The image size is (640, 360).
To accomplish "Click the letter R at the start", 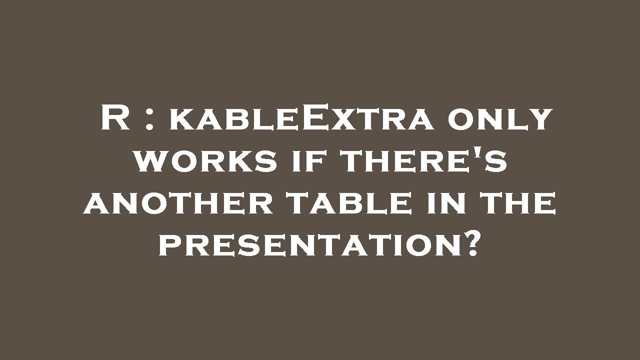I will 115,118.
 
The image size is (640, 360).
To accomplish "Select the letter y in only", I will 540,122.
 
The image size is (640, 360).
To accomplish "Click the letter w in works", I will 150,162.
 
